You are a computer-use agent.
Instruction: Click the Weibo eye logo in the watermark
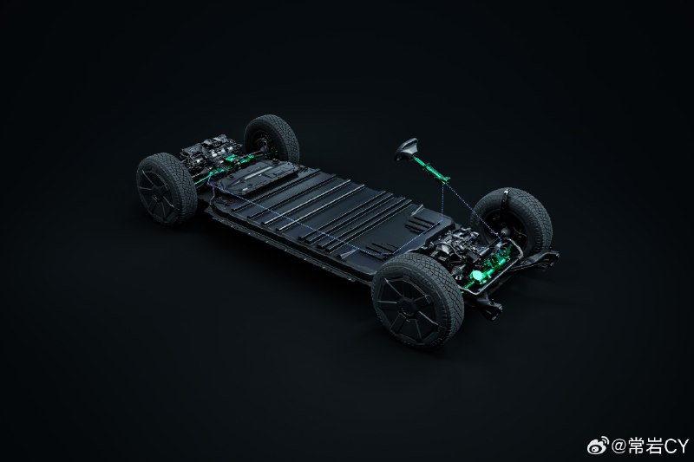coord(597,446)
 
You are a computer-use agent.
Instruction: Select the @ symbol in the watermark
coord(619,446)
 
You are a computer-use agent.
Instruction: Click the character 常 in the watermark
coord(636,446)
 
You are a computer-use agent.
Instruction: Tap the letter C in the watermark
coord(669,446)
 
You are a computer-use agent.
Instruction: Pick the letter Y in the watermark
coord(683,446)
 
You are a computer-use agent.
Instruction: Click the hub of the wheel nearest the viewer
coord(406,305)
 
